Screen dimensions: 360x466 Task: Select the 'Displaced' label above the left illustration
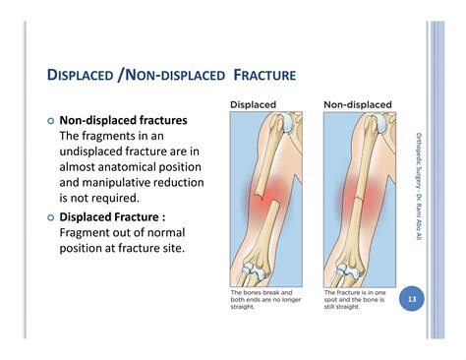(x=253, y=103)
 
